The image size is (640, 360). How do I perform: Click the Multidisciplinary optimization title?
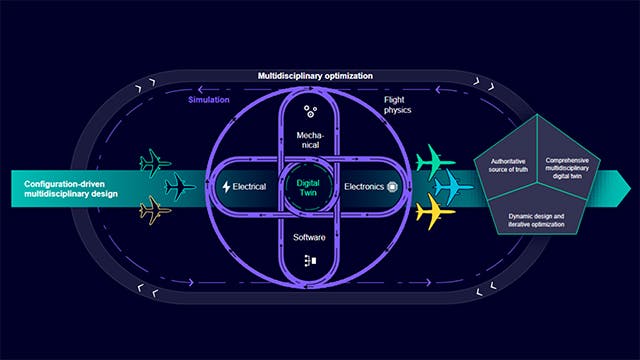click(315, 75)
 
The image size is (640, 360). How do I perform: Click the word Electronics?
click(364, 187)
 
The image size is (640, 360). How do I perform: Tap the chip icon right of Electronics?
click(392, 187)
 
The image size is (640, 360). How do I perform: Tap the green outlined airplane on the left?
click(155, 160)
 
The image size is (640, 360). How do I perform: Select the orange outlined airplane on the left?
click(155, 210)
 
